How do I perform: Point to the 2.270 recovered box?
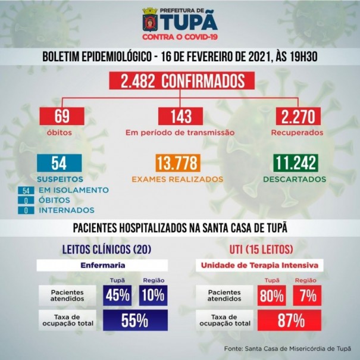[x=301, y=116]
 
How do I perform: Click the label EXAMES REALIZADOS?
[x=178, y=179]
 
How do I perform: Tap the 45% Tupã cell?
[x=117, y=295]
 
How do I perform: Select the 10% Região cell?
[x=152, y=295]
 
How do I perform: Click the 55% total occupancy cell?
[x=134, y=321]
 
